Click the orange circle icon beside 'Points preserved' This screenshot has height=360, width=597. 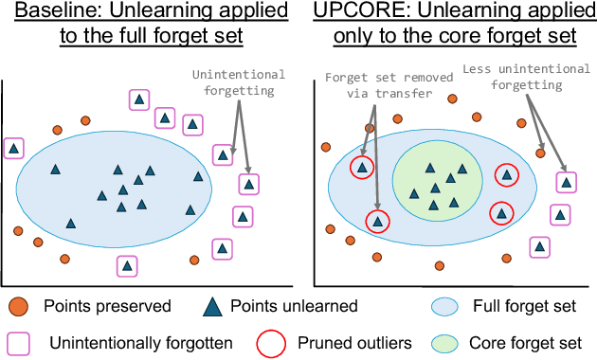click(x=18, y=306)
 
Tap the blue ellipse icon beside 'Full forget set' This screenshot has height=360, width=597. click(x=450, y=306)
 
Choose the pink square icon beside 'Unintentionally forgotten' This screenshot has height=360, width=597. click(x=18, y=340)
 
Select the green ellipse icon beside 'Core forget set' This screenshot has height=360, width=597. click(x=450, y=340)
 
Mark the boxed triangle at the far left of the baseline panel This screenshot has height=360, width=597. click(x=13, y=148)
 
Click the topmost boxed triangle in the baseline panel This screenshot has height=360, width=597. click(x=139, y=99)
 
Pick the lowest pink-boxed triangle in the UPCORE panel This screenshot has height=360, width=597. click(x=539, y=247)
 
